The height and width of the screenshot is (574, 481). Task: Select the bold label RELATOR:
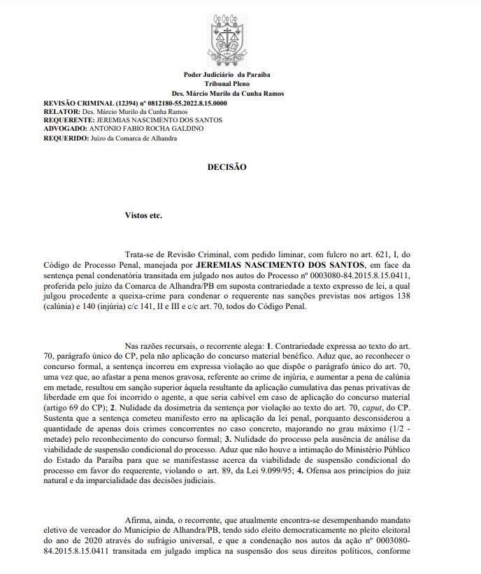point(62,111)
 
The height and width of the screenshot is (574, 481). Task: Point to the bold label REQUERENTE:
point(69,120)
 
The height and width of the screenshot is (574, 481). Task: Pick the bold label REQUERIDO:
point(66,138)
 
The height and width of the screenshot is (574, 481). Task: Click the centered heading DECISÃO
point(227,168)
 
